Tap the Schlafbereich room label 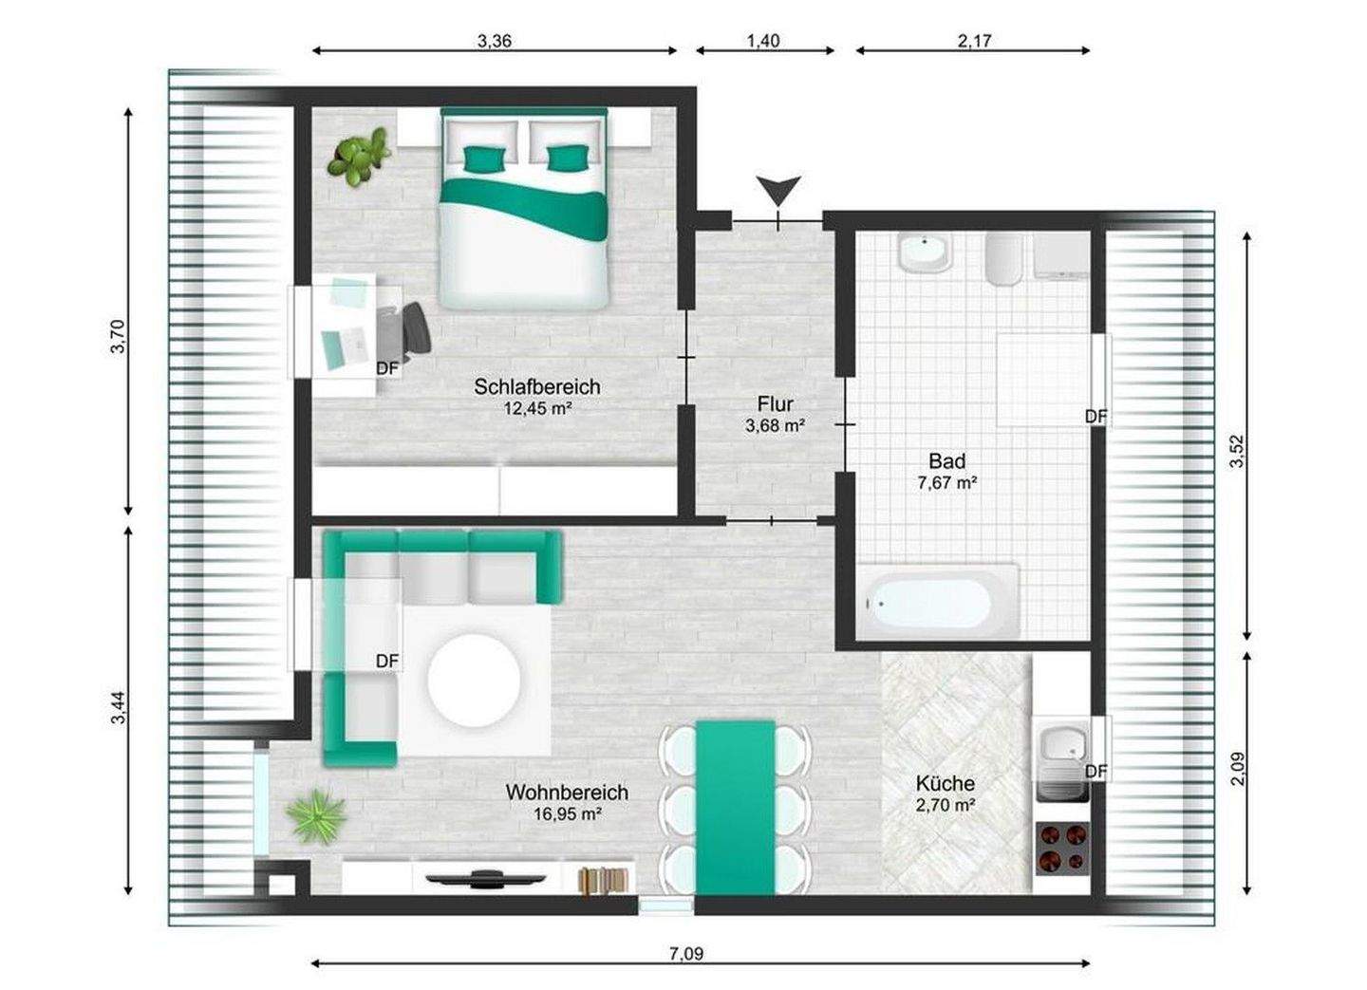[537, 387]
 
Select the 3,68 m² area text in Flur [775, 425]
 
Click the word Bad [947, 461]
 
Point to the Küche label [946, 783]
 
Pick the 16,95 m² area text [568, 813]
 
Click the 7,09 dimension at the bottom [686, 953]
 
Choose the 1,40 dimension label [763, 41]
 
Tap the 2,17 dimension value [974, 41]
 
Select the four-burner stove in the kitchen [1062, 848]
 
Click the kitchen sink [1063, 763]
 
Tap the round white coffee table [475, 681]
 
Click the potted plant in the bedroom [358, 157]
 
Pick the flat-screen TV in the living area [485, 878]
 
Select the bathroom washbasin [926, 252]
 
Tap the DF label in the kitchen [1096, 772]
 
